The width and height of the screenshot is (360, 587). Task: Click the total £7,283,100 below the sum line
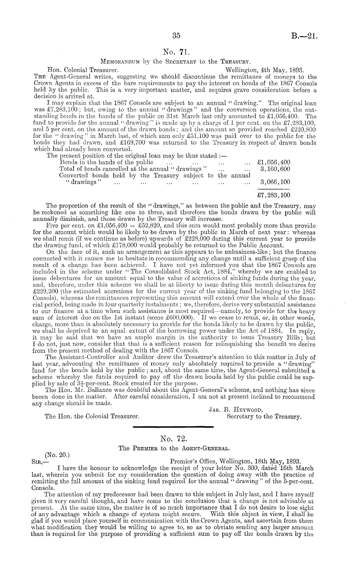pos(273,195)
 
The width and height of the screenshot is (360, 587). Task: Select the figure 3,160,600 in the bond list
pos(275,169)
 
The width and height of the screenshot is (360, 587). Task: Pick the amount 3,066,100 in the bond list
pos(275,182)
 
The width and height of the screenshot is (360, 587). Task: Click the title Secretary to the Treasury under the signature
pos(264,417)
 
